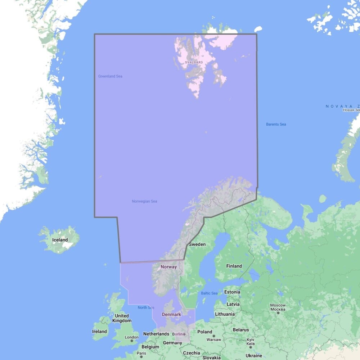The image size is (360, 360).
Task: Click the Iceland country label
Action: click(60, 240)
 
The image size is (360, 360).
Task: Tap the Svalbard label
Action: click(194, 62)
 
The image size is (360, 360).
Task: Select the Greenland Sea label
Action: click(110, 76)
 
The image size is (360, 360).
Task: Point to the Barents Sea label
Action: click(276, 124)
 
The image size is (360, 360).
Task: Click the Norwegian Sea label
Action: click(144, 201)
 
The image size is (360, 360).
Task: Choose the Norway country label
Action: click(169, 267)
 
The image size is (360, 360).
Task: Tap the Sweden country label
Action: click(197, 244)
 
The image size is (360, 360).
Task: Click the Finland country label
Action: click(234, 266)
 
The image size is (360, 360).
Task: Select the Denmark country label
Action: click(171, 314)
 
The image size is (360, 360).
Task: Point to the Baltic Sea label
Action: click(209, 293)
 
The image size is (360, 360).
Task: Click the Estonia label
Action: click(232, 292)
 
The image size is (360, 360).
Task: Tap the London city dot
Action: click(132, 341)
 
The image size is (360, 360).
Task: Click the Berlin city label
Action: click(178, 334)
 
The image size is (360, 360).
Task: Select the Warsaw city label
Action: click(214, 339)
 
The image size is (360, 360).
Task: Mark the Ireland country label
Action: click(99, 331)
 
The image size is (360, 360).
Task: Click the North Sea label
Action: click(145, 307)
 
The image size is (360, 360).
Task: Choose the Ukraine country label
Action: click(254, 356)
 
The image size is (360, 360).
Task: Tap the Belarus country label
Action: click(240, 330)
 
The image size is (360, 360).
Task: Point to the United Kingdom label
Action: click(122, 318)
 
